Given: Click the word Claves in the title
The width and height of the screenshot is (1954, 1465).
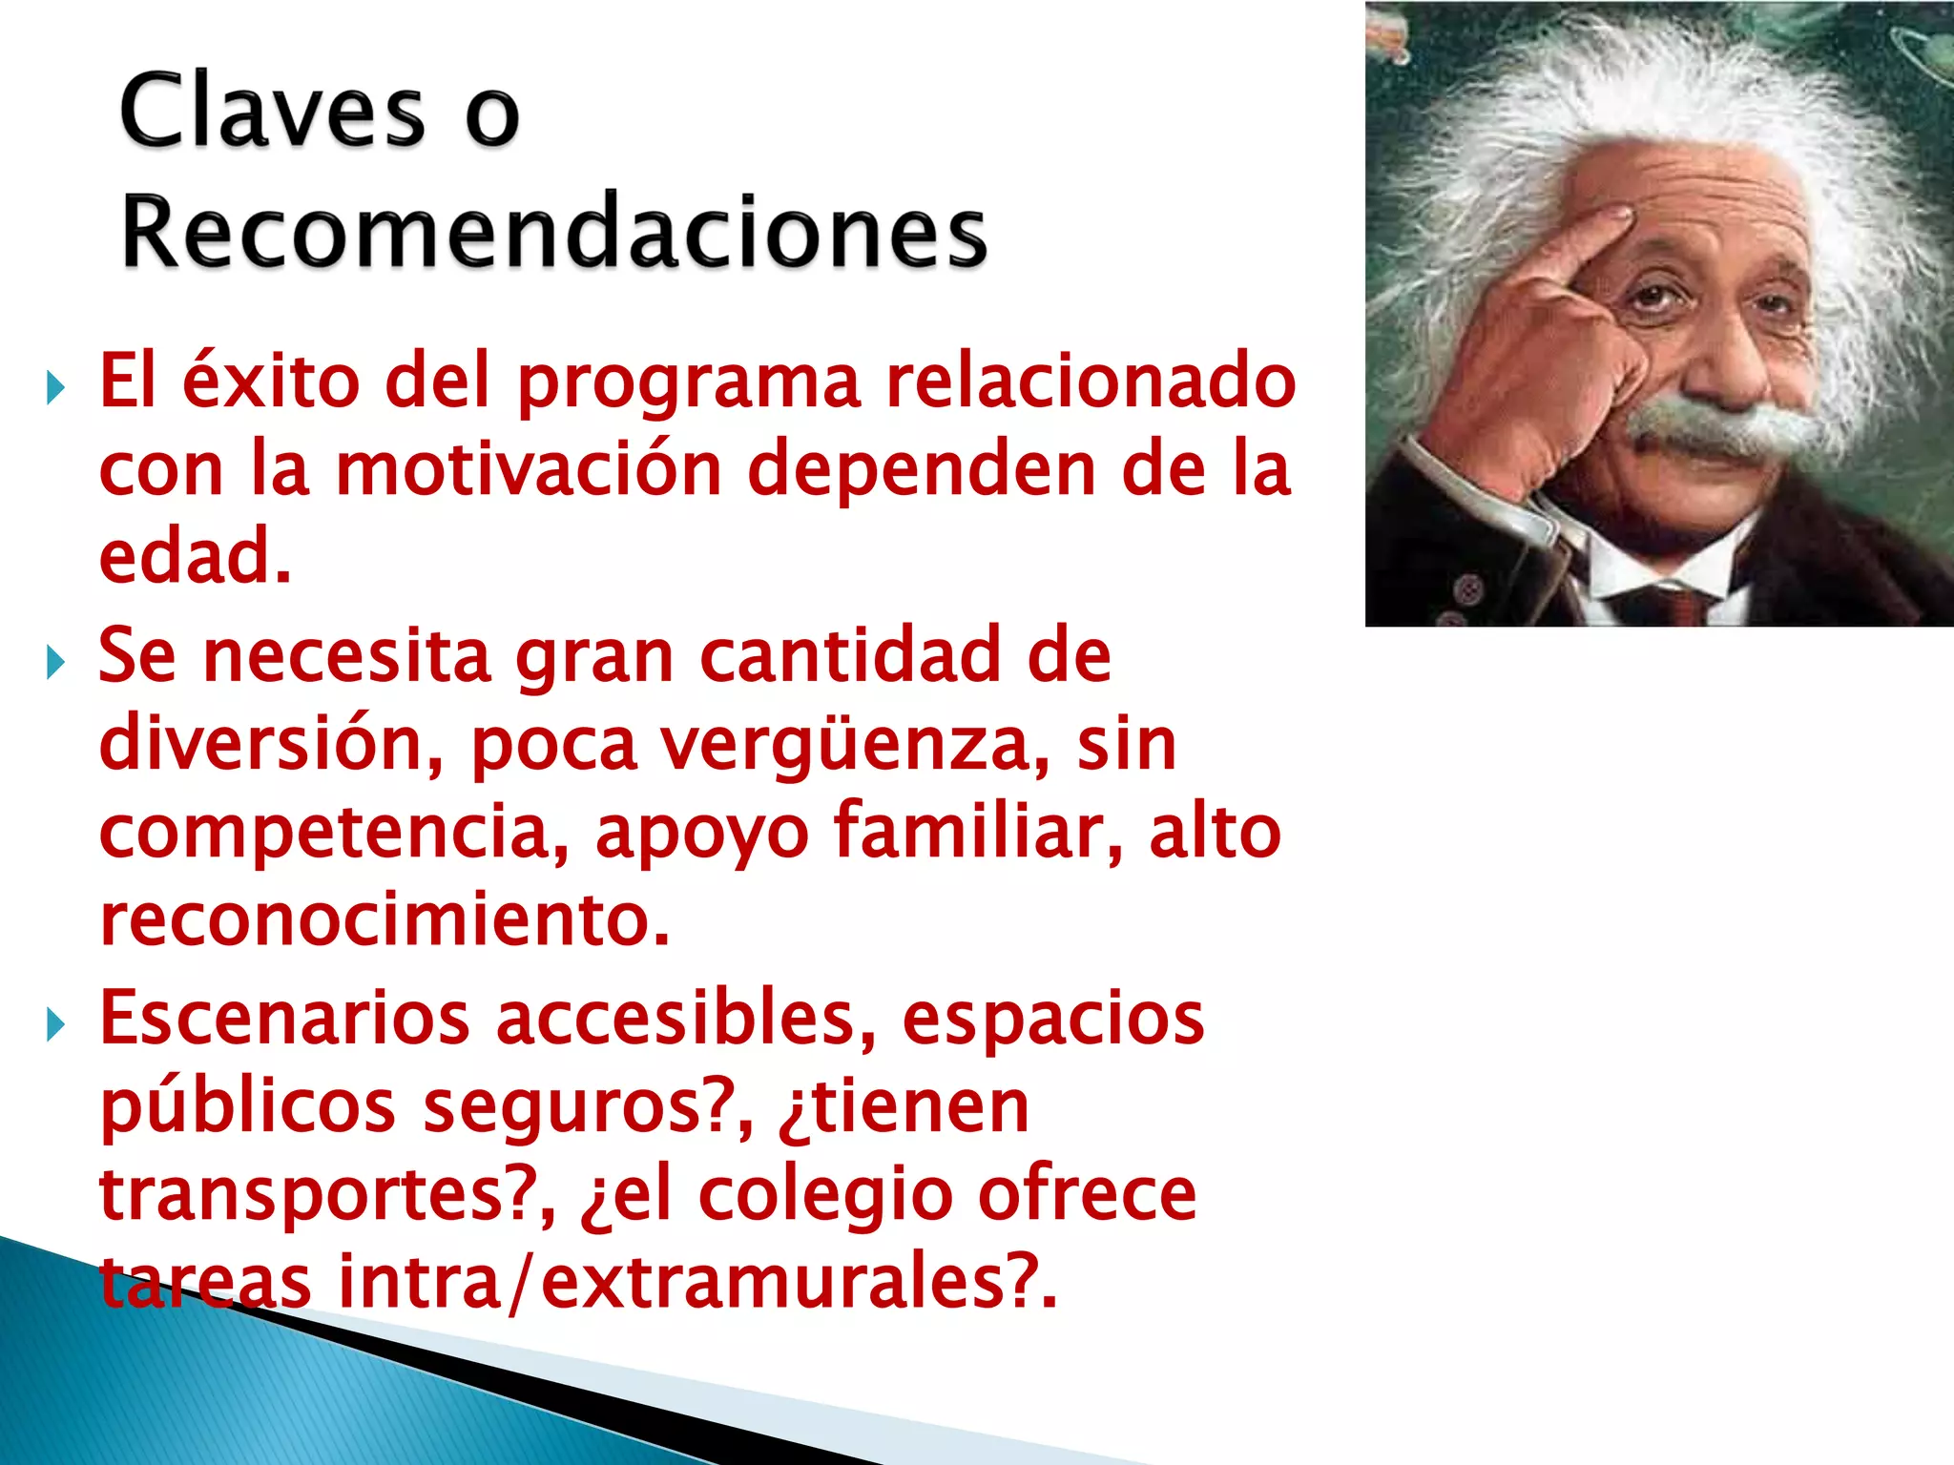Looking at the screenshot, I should [x=272, y=113].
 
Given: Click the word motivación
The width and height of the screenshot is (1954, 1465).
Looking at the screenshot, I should [x=529, y=469].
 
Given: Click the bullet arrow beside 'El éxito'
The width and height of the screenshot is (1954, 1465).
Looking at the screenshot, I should [x=55, y=388].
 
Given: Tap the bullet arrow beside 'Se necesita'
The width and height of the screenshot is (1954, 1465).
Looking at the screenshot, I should [x=55, y=662].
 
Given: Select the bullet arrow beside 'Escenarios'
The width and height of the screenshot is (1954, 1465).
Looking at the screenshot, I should [x=55, y=1025].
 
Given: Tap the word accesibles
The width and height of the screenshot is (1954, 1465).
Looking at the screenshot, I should [x=685, y=1019].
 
